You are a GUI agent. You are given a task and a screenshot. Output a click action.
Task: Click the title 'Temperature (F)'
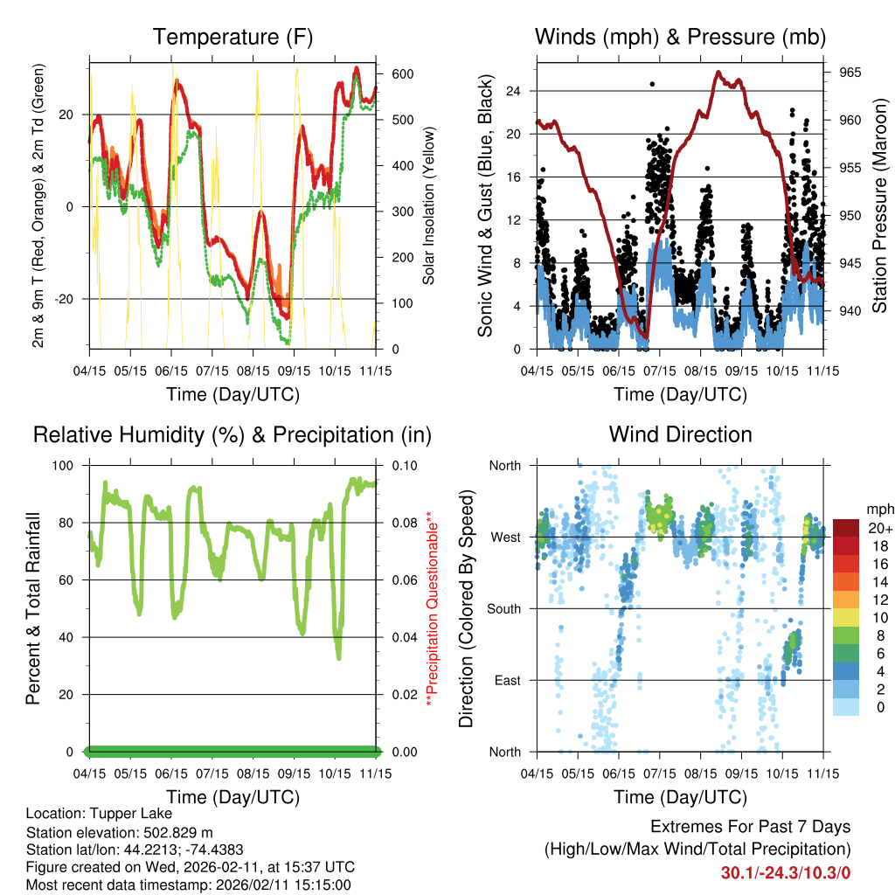pyautogui.click(x=232, y=37)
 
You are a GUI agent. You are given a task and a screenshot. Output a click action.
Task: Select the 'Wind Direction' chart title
pyautogui.click(x=680, y=434)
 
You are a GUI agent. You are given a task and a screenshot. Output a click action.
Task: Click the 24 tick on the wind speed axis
pyautogui.click(x=513, y=91)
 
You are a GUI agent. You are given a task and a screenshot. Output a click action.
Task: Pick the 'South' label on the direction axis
pyautogui.click(x=504, y=608)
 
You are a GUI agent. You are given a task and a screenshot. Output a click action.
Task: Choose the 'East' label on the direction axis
pyautogui.click(x=508, y=680)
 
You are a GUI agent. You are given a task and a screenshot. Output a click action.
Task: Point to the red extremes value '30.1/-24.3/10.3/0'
pyautogui.click(x=785, y=872)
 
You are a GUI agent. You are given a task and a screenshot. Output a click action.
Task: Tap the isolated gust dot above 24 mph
pyautogui.click(x=652, y=84)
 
